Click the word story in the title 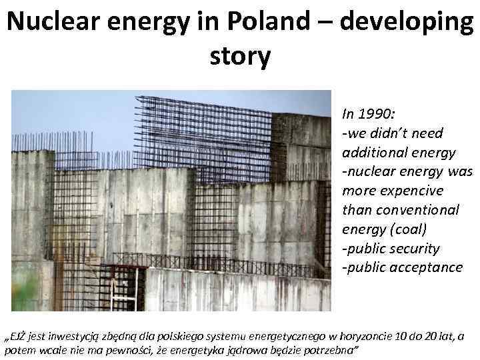(240, 56)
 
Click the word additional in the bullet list (375, 152)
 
